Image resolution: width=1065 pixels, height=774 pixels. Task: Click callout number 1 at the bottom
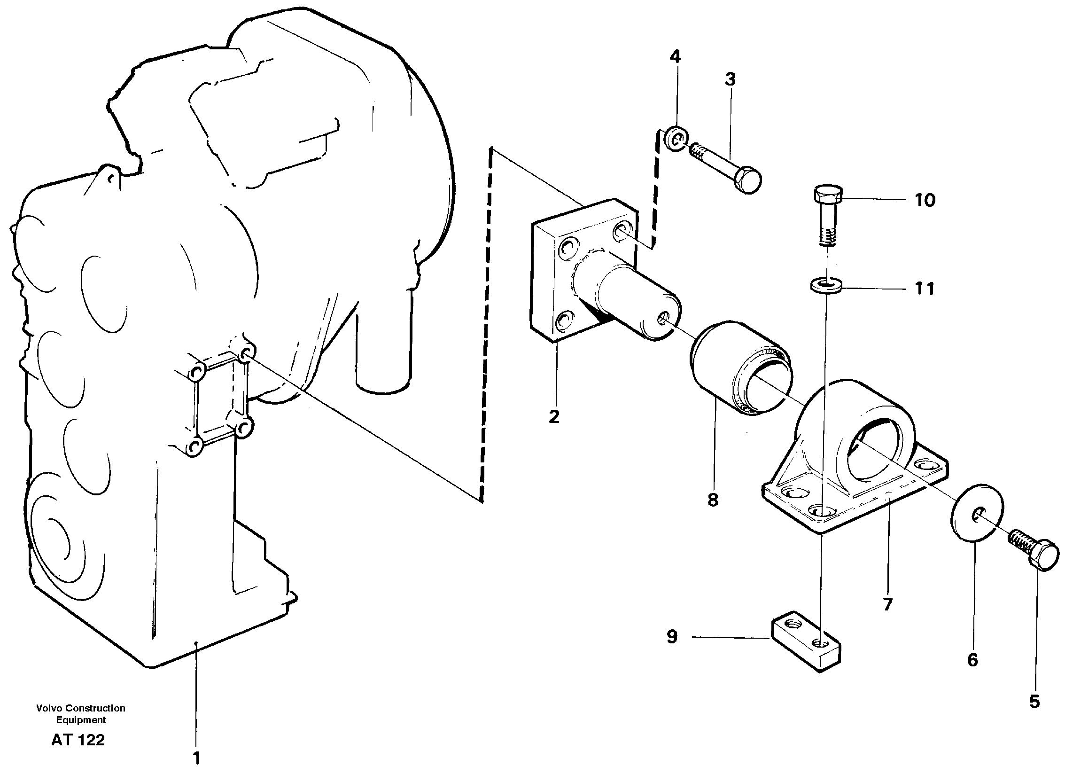tap(197, 758)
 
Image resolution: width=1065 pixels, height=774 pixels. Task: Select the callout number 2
tap(554, 416)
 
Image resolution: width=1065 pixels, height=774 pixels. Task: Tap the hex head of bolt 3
tap(747, 180)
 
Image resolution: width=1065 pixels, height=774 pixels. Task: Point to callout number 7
tap(887, 604)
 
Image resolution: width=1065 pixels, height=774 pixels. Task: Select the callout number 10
tap(925, 201)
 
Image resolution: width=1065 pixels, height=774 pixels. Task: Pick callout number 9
tap(672, 637)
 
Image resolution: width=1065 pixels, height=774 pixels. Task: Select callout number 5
tap(1035, 715)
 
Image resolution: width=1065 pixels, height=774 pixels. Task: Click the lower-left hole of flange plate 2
tap(563, 323)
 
